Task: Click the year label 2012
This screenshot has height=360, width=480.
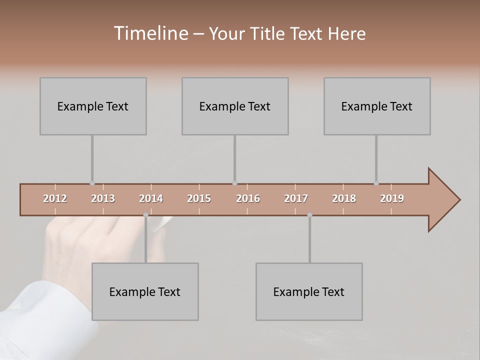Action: coord(55,198)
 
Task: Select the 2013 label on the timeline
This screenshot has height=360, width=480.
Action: coord(103,198)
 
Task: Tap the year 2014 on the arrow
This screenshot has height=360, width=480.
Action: coord(151,198)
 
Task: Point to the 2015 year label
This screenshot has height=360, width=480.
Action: coord(199,198)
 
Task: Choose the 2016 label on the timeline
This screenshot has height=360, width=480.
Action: coord(248,198)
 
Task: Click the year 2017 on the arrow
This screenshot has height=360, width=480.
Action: coord(296,198)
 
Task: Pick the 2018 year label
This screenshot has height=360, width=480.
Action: coord(344,198)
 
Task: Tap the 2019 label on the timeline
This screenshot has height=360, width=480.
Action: coord(392,198)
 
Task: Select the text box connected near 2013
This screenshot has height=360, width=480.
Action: coord(93,106)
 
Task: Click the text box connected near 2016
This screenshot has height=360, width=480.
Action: coord(235,106)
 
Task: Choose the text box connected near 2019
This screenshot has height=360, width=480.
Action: coord(377,106)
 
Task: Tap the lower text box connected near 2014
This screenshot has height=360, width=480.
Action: coord(145,291)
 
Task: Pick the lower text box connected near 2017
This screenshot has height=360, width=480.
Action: coord(309,291)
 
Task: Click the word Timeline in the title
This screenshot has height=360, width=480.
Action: coord(149,33)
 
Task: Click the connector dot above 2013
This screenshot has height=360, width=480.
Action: coord(92,183)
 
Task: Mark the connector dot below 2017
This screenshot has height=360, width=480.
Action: coord(309,215)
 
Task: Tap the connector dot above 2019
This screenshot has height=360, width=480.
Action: coord(376,183)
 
